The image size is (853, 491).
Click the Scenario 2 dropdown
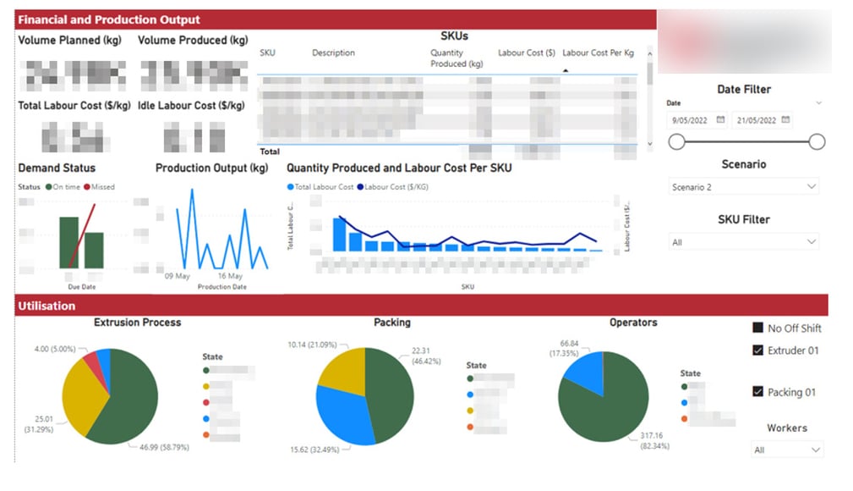pos(743,187)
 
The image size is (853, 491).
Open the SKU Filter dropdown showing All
pos(743,242)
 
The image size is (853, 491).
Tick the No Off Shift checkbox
pos(757,328)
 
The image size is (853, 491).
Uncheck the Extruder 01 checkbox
pos(757,350)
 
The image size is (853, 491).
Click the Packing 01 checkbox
pos(757,392)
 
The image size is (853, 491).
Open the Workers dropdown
pos(786,450)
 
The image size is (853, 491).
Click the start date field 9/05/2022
pos(697,120)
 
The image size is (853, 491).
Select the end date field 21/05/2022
pos(762,120)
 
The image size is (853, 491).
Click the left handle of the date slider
pos(676,142)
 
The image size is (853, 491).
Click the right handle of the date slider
pos(817,142)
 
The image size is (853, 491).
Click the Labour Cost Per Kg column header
pos(598,52)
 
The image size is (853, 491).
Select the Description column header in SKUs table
pos(333,52)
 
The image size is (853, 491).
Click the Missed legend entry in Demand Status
pos(99,187)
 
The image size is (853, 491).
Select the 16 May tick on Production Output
pos(230,277)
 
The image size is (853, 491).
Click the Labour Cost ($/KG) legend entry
pos(393,187)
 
